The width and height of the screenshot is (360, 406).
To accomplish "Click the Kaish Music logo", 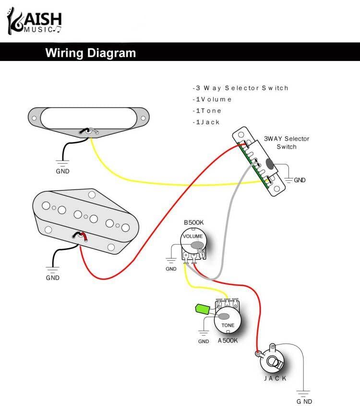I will [x=34, y=22].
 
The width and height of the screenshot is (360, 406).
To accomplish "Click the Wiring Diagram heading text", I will [x=90, y=53].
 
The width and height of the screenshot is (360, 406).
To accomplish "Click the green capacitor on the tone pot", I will [x=203, y=310].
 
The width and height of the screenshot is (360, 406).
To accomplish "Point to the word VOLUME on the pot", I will [x=192, y=237].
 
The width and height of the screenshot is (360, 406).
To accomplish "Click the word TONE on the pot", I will [x=228, y=325].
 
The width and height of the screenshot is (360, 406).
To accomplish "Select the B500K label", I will [x=193, y=223].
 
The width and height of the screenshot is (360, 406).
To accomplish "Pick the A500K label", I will [x=228, y=341].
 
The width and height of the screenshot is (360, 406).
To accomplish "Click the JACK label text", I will [x=276, y=378].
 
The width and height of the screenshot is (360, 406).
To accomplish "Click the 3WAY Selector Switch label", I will [x=287, y=143].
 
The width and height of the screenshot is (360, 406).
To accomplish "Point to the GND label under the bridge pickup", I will [x=53, y=277].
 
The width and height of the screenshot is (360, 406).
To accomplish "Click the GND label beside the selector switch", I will [x=300, y=180].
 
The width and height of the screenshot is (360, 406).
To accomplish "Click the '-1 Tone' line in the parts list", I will [x=207, y=111].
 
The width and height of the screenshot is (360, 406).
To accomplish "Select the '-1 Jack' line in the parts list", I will [x=206, y=122].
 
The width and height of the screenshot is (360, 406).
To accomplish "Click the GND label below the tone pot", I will [x=204, y=341].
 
